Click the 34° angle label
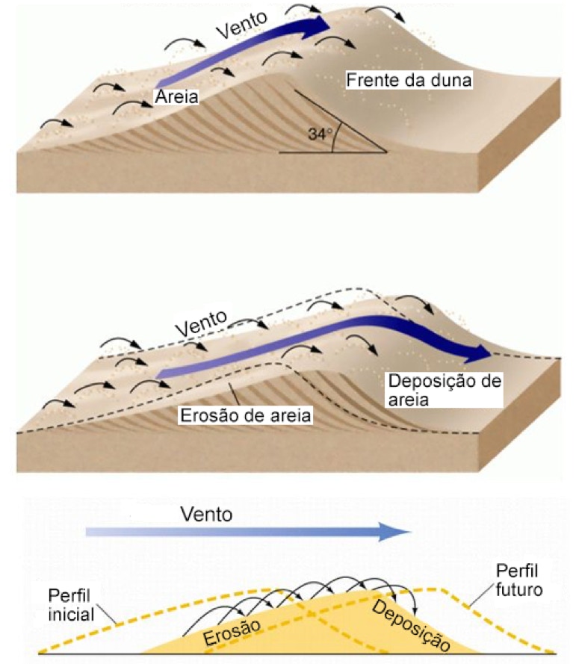[318, 134]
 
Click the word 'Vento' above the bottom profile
[207, 514]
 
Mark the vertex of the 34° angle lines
[385, 152]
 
